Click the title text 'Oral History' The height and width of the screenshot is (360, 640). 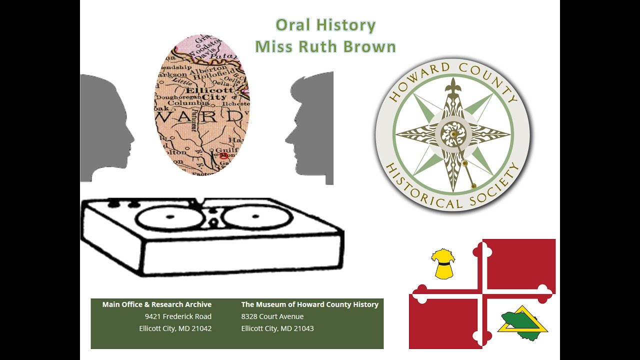click(x=325, y=25)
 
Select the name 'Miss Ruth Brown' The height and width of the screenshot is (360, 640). click(x=325, y=46)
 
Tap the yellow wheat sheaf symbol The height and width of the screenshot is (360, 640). click(x=443, y=264)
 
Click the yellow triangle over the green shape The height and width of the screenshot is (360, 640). click(x=522, y=320)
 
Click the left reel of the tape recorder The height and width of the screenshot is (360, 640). click(x=169, y=218)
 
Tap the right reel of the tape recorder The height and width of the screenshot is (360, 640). click(x=257, y=217)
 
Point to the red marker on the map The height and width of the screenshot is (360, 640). click(x=223, y=155)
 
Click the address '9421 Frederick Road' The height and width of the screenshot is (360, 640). click(x=178, y=316)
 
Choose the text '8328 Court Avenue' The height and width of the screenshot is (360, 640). click(x=272, y=316)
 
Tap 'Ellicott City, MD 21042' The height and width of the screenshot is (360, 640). click(x=175, y=328)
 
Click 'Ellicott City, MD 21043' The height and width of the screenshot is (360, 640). click(x=277, y=328)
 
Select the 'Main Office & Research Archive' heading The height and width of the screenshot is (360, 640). click(x=157, y=304)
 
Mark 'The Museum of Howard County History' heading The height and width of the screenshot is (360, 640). click(x=310, y=304)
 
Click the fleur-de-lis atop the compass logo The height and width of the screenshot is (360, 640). click(x=453, y=85)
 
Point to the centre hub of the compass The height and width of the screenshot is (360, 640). click(x=452, y=134)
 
